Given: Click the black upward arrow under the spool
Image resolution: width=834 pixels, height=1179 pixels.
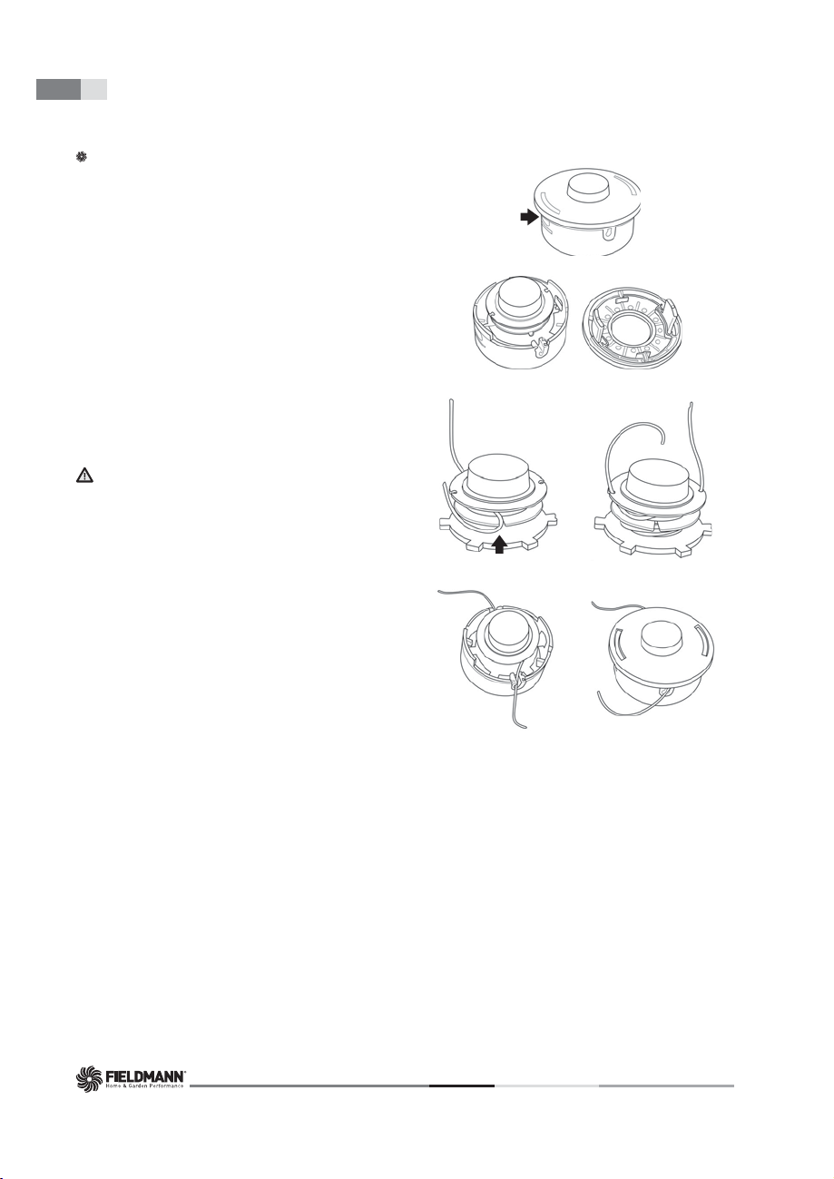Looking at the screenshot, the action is tap(499, 544).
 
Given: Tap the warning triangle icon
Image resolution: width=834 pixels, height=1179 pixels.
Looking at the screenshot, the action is tap(84, 476).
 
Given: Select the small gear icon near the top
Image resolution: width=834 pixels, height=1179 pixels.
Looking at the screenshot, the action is tap(81, 157).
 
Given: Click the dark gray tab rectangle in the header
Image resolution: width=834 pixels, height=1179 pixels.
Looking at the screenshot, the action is tap(58, 90).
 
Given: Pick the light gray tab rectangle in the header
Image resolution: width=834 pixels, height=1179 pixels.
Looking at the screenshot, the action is tap(94, 90).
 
